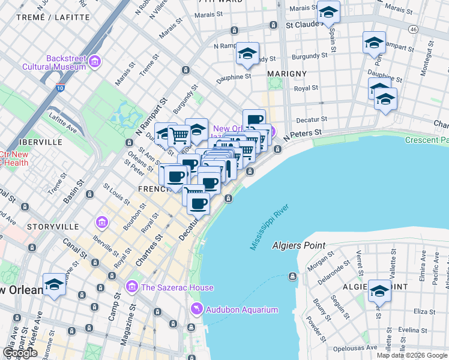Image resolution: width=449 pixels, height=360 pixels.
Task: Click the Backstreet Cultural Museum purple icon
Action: (95, 61)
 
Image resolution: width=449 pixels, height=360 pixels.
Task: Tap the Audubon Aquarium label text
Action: (243, 310)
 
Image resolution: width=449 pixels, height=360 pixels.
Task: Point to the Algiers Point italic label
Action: (298, 245)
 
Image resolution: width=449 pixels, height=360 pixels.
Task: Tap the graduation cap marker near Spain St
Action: (328, 11)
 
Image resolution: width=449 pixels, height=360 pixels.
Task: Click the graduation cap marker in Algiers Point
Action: (379, 291)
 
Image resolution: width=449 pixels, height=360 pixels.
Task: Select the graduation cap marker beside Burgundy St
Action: (247, 53)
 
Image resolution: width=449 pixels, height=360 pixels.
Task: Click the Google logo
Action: (20, 353)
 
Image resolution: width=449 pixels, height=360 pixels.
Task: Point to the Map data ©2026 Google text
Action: (412, 355)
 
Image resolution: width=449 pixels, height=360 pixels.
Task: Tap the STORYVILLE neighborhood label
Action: (53, 227)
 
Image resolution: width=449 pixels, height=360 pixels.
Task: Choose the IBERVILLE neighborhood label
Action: (41, 142)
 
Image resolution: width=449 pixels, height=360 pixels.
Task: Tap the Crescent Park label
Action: (426, 140)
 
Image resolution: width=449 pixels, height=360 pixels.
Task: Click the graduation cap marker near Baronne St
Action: (55, 284)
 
